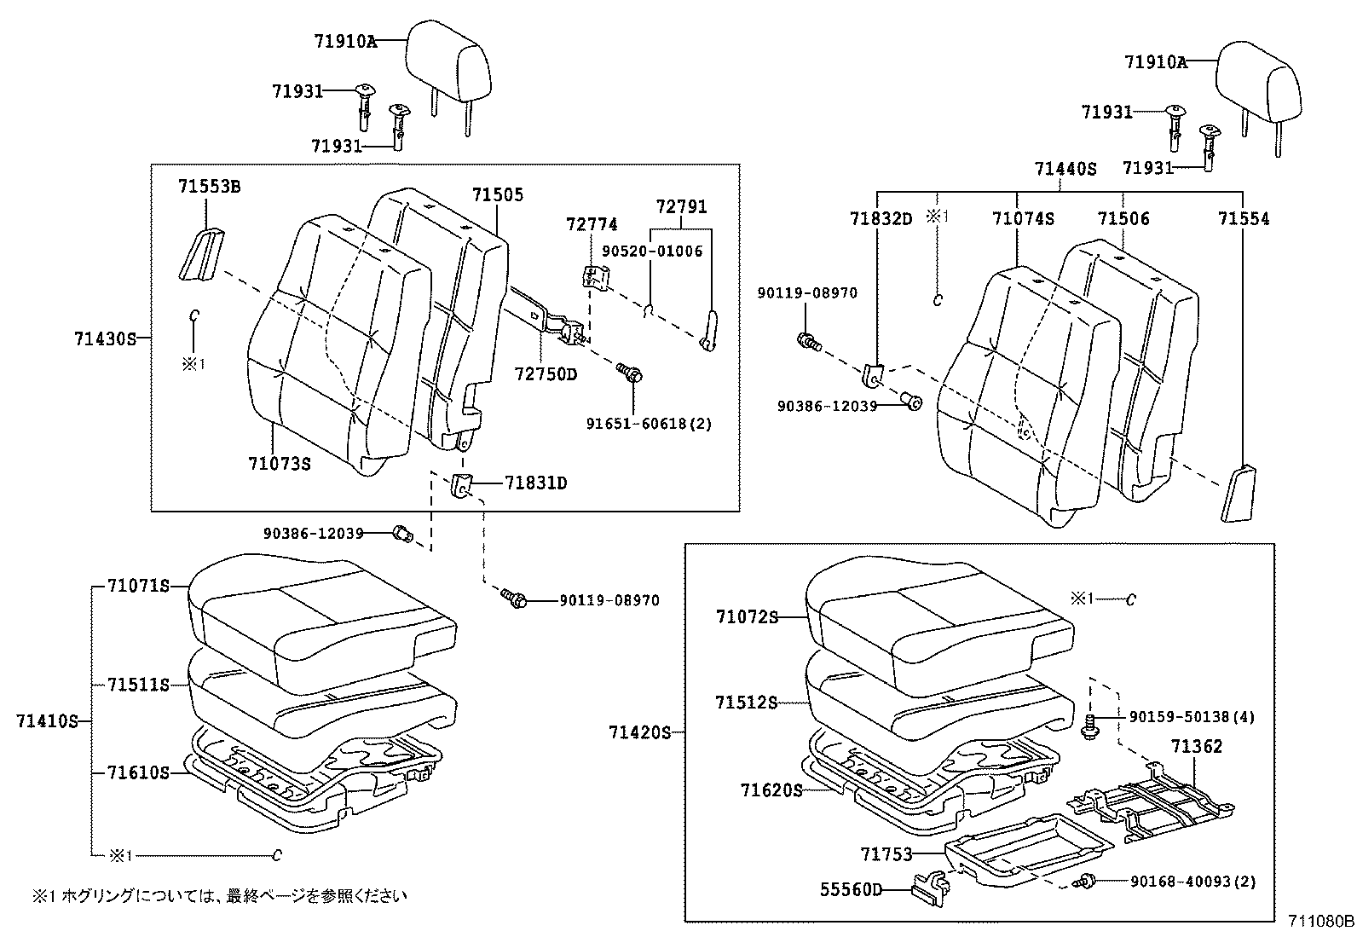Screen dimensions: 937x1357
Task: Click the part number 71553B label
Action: [209, 186]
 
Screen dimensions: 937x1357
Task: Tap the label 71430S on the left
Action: [105, 338]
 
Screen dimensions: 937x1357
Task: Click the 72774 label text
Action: [592, 224]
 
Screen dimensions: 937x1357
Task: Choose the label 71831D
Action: [535, 483]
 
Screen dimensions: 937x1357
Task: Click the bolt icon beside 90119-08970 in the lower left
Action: [514, 599]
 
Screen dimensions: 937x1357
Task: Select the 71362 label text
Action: [1196, 747]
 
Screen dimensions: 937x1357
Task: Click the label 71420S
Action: [640, 732]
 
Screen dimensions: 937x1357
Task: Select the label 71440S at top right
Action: [1065, 169]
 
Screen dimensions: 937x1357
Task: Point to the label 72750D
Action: [546, 373]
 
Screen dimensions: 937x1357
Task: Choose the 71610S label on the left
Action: [138, 772]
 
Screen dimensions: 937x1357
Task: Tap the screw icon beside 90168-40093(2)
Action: [1087, 881]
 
